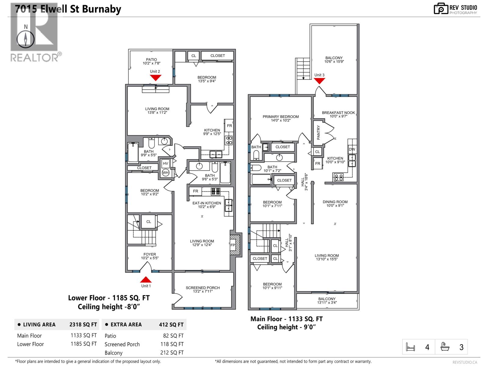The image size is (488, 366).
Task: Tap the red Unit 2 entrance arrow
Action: point(155,78)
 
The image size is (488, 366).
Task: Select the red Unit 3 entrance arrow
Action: point(319,81)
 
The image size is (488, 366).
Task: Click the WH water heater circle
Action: point(165,173)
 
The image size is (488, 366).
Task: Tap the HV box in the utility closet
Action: point(165,163)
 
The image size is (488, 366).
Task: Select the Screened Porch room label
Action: point(203,289)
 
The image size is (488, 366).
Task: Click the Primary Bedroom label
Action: point(281,118)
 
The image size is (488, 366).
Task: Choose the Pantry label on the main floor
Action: point(318,132)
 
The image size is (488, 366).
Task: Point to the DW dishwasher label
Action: point(352,149)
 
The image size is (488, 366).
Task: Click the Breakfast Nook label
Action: point(338,114)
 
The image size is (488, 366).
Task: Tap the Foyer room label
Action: point(149,256)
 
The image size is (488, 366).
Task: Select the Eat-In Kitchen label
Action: point(206,205)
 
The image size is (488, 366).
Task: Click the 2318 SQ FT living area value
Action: point(83,325)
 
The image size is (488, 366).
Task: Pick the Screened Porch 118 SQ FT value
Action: point(172,344)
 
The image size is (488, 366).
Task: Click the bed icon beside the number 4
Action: point(411,347)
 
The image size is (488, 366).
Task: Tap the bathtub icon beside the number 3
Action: point(445,347)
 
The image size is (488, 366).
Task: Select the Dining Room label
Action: point(335,203)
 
